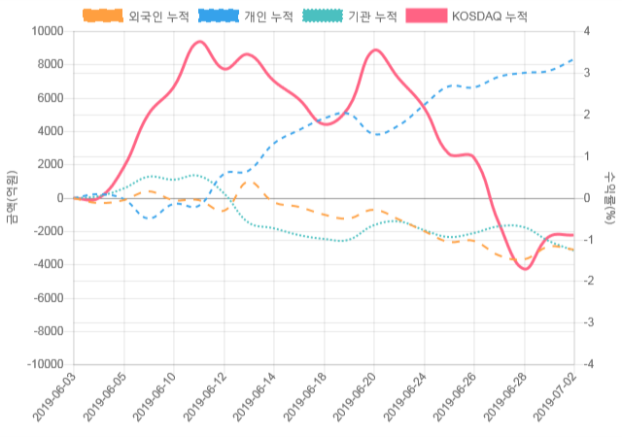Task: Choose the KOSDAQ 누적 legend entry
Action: (x=467, y=16)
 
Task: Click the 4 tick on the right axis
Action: (x=586, y=31)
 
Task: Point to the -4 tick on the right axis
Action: (x=588, y=364)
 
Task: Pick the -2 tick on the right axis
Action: (x=588, y=281)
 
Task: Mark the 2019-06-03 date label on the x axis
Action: (x=54, y=399)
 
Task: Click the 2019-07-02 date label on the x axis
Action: (x=555, y=399)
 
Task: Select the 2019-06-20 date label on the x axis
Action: (x=355, y=399)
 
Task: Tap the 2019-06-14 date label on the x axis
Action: (x=255, y=399)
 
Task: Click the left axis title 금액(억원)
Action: (x=12, y=197)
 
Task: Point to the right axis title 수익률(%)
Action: (x=609, y=197)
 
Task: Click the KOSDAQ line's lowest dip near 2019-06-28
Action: (x=525, y=268)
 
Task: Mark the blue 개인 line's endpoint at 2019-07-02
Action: (x=573, y=59)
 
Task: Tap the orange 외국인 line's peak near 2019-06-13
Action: (x=249, y=182)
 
